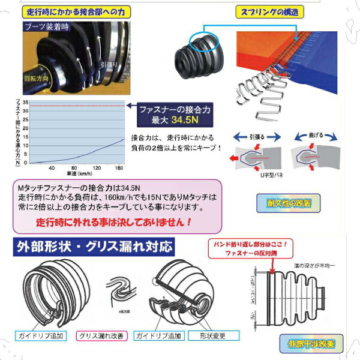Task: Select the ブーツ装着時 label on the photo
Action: point(47,27)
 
